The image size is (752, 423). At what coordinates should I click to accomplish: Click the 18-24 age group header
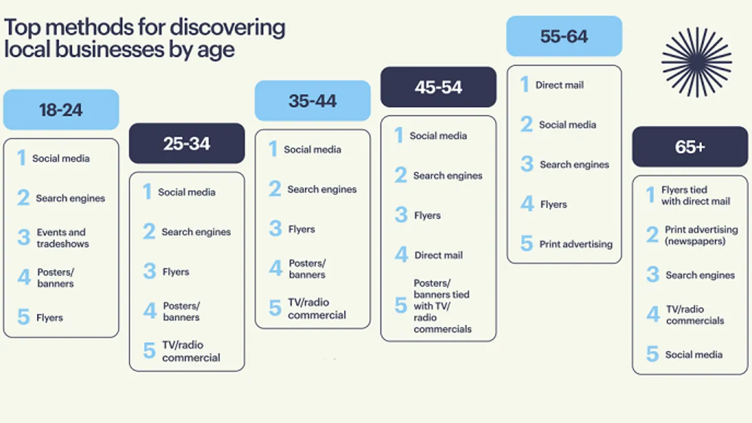[61, 110]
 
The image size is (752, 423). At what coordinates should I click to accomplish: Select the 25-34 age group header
[187, 144]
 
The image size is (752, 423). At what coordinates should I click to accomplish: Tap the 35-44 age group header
[313, 100]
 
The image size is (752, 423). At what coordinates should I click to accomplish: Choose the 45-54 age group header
[439, 87]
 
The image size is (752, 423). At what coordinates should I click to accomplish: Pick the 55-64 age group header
[565, 36]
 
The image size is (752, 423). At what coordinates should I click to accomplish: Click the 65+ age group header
[690, 147]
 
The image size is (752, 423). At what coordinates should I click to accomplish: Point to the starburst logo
[697, 62]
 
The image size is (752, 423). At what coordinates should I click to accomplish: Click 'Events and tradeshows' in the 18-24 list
[63, 238]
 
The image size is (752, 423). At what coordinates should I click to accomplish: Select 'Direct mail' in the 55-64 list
[560, 85]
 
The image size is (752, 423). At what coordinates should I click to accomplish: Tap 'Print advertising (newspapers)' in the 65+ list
[701, 236]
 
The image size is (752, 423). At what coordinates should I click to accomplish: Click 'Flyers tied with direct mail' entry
[696, 196]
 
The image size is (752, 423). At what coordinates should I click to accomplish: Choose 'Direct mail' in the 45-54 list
[439, 255]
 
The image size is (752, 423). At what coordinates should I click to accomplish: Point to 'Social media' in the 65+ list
[694, 355]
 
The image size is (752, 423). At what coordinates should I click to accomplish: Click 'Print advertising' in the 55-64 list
[576, 244]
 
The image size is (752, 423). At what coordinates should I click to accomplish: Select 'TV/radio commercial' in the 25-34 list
[191, 351]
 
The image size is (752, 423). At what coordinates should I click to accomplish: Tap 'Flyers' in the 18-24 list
[50, 318]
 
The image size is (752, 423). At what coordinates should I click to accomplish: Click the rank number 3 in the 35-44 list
[275, 228]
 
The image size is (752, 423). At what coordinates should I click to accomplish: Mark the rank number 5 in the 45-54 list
[401, 305]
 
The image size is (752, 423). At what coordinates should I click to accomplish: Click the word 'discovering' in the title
[227, 28]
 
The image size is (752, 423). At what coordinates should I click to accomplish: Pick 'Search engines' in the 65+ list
[701, 275]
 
